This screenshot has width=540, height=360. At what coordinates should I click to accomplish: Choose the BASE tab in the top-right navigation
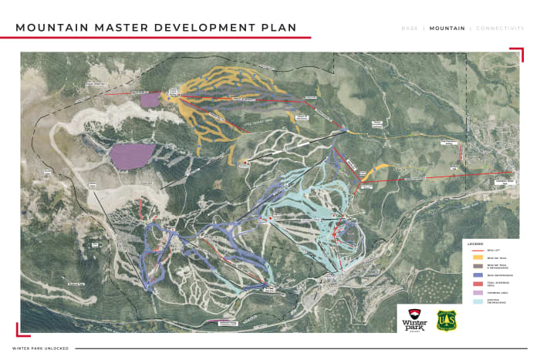point(410,29)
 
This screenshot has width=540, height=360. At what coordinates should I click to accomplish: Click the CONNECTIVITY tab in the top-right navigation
point(501,29)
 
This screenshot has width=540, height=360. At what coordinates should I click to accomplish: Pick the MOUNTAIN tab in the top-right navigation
point(447,29)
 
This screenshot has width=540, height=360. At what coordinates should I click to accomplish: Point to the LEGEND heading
point(475,243)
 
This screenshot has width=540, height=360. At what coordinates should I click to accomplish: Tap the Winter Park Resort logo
point(412,319)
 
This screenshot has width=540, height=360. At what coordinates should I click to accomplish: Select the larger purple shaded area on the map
point(132,155)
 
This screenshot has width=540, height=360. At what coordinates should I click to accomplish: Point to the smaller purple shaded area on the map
point(150,99)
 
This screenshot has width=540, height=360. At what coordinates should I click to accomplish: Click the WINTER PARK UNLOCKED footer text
point(40,348)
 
